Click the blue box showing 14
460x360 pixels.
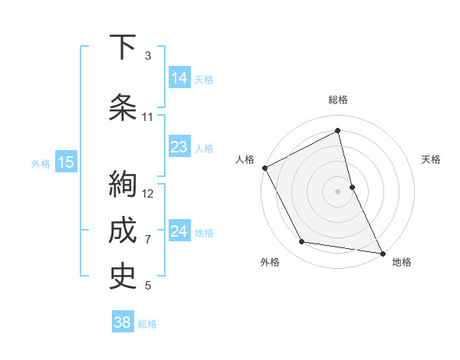[x=179, y=78]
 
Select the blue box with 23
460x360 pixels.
[x=179, y=147]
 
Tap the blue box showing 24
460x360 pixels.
[x=179, y=232]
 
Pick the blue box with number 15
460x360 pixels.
[x=66, y=162]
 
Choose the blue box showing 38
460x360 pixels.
[x=123, y=322]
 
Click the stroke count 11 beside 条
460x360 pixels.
[x=148, y=117]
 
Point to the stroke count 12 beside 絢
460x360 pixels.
[x=149, y=193]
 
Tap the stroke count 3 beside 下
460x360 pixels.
[x=148, y=56]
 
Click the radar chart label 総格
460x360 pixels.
[x=338, y=100]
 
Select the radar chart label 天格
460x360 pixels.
[x=432, y=159]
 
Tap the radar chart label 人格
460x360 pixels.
[x=245, y=159]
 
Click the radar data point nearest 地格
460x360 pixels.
[x=382, y=252]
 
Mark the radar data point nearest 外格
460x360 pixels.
[x=302, y=242]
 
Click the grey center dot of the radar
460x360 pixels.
[x=338, y=191]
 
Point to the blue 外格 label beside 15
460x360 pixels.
[x=41, y=163]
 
